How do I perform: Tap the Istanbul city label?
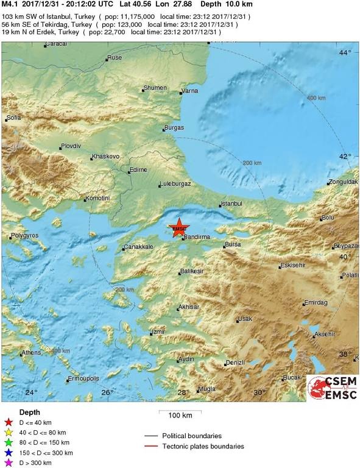click(x=231, y=204)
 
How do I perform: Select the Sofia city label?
click(x=13, y=117)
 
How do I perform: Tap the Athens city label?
click(x=30, y=353)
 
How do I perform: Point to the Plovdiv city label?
click(x=70, y=146)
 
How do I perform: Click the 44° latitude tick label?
click(x=345, y=53)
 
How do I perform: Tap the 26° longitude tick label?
click(x=107, y=392)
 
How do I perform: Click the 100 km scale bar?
click(x=180, y=415)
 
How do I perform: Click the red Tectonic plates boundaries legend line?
click(x=152, y=446)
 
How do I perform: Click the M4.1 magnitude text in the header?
click(x=9, y=4)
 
